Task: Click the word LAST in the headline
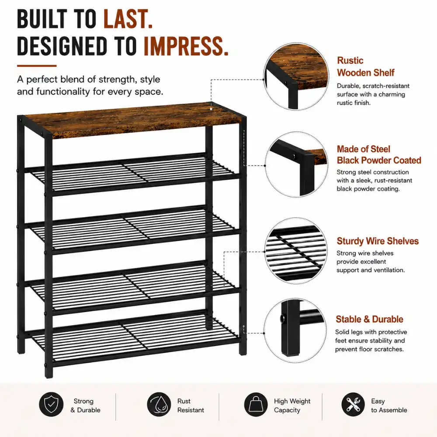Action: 128,19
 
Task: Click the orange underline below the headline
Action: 37,66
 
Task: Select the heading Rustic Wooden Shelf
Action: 365,66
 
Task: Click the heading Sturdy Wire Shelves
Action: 378,241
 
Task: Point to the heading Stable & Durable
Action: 369,319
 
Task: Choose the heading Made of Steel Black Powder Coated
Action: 379,155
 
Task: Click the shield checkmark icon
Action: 51,404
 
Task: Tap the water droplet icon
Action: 159,404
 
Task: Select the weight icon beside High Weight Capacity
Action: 256,404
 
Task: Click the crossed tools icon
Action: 353,404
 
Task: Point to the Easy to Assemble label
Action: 389,406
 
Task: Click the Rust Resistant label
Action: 191,406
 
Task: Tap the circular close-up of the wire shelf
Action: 296,251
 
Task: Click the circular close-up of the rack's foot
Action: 295,330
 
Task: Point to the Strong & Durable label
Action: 85,406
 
